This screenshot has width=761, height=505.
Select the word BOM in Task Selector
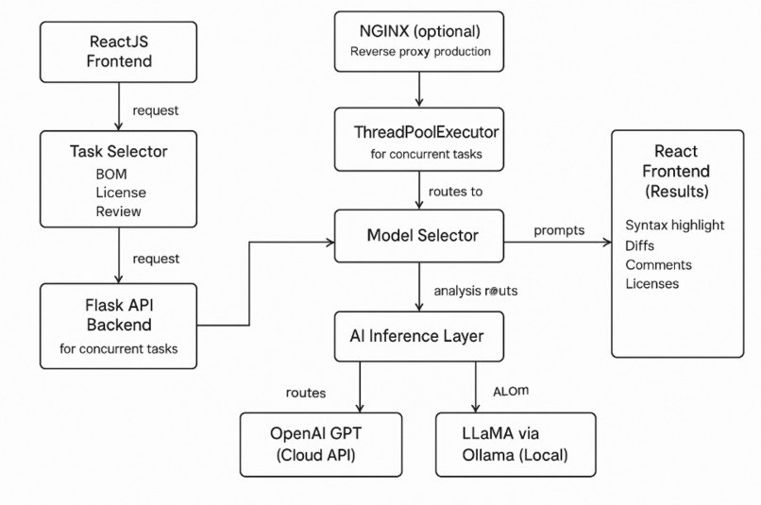click(x=111, y=175)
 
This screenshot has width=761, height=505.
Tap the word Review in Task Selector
click(x=118, y=210)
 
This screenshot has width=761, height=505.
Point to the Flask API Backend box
click(x=118, y=328)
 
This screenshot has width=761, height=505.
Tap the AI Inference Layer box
click(x=418, y=335)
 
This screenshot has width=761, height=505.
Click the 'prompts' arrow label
click(x=559, y=230)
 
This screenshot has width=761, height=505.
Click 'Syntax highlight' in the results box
click(x=674, y=224)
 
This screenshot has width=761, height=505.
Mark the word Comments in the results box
click(x=657, y=264)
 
